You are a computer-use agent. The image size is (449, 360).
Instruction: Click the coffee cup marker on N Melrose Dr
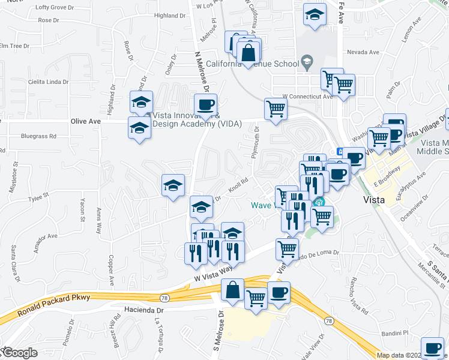[206, 105]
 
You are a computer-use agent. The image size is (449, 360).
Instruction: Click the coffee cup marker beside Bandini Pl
[432, 347]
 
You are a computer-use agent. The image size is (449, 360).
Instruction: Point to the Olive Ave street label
[86, 121]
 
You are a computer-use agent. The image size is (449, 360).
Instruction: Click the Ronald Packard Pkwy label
[53, 305]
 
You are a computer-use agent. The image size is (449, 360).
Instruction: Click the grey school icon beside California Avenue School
[307, 61]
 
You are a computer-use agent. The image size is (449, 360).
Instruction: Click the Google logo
[19, 353]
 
